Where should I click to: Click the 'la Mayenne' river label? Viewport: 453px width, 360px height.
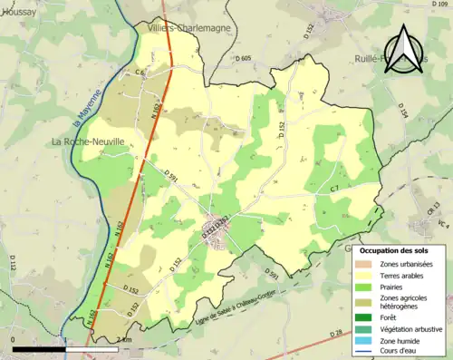(x=80, y=108)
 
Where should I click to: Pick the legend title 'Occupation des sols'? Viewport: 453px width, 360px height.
(x=395, y=249)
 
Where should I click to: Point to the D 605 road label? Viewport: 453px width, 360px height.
(x=243, y=58)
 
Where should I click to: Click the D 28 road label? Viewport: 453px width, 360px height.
(x=336, y=335)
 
